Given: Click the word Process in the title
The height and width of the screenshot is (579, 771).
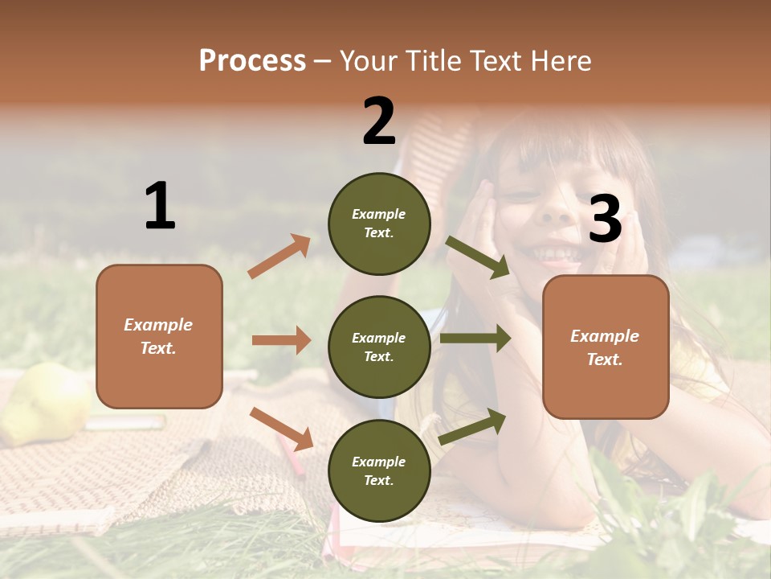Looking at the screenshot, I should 252,61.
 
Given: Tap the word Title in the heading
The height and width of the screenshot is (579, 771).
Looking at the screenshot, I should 432,61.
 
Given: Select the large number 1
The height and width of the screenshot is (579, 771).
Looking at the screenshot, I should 160,207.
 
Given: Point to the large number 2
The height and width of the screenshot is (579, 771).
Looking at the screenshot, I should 379,121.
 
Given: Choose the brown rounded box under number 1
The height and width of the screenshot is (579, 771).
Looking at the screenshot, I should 159,336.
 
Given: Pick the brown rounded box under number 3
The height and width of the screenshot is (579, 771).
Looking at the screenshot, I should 606,347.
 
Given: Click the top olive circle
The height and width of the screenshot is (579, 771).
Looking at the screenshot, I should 379,223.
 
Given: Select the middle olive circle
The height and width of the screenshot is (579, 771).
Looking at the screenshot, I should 379,347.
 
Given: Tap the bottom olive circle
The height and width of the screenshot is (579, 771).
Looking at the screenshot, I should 379,470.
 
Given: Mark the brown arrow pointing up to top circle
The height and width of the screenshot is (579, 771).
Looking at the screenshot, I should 279,256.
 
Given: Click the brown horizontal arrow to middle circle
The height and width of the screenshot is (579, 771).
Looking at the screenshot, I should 281,340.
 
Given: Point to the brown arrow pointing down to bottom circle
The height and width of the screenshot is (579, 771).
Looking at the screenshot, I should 281,429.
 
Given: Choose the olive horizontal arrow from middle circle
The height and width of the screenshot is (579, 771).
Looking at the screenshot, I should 475,339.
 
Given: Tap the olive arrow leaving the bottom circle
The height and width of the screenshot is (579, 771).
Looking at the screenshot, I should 472,426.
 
